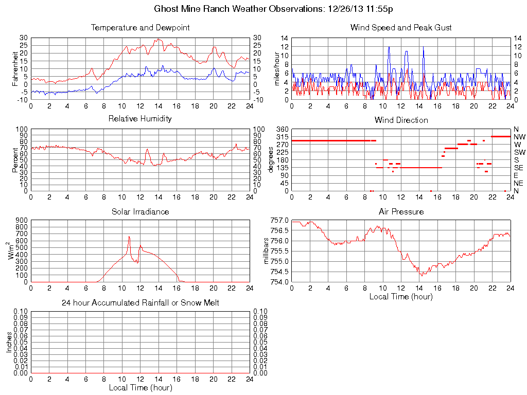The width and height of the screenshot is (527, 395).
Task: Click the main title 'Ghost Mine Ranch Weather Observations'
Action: coord(240,9)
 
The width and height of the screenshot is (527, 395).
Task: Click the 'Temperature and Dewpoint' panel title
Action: coord(140,28)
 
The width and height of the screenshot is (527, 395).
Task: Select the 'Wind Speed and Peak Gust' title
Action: coord(401,28)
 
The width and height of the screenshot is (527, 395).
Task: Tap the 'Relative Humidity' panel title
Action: coord(140,119)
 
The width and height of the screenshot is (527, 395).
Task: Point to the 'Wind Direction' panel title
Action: coord(401,120)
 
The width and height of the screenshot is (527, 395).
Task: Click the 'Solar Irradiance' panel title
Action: coord(140,211)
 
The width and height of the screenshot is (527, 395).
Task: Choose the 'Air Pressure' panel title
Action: coord(401,211)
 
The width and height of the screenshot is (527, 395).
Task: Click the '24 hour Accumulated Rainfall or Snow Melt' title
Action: coord(140,303)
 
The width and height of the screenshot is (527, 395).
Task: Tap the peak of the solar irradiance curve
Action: coord(129,237)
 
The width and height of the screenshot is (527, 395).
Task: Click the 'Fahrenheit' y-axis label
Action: coord(16,69)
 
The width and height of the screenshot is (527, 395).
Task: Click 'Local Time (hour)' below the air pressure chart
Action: coord(401,296)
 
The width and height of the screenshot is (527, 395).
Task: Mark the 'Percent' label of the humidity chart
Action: coord(16,160)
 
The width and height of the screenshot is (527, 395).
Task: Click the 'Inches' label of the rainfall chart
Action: coord(9,342)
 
